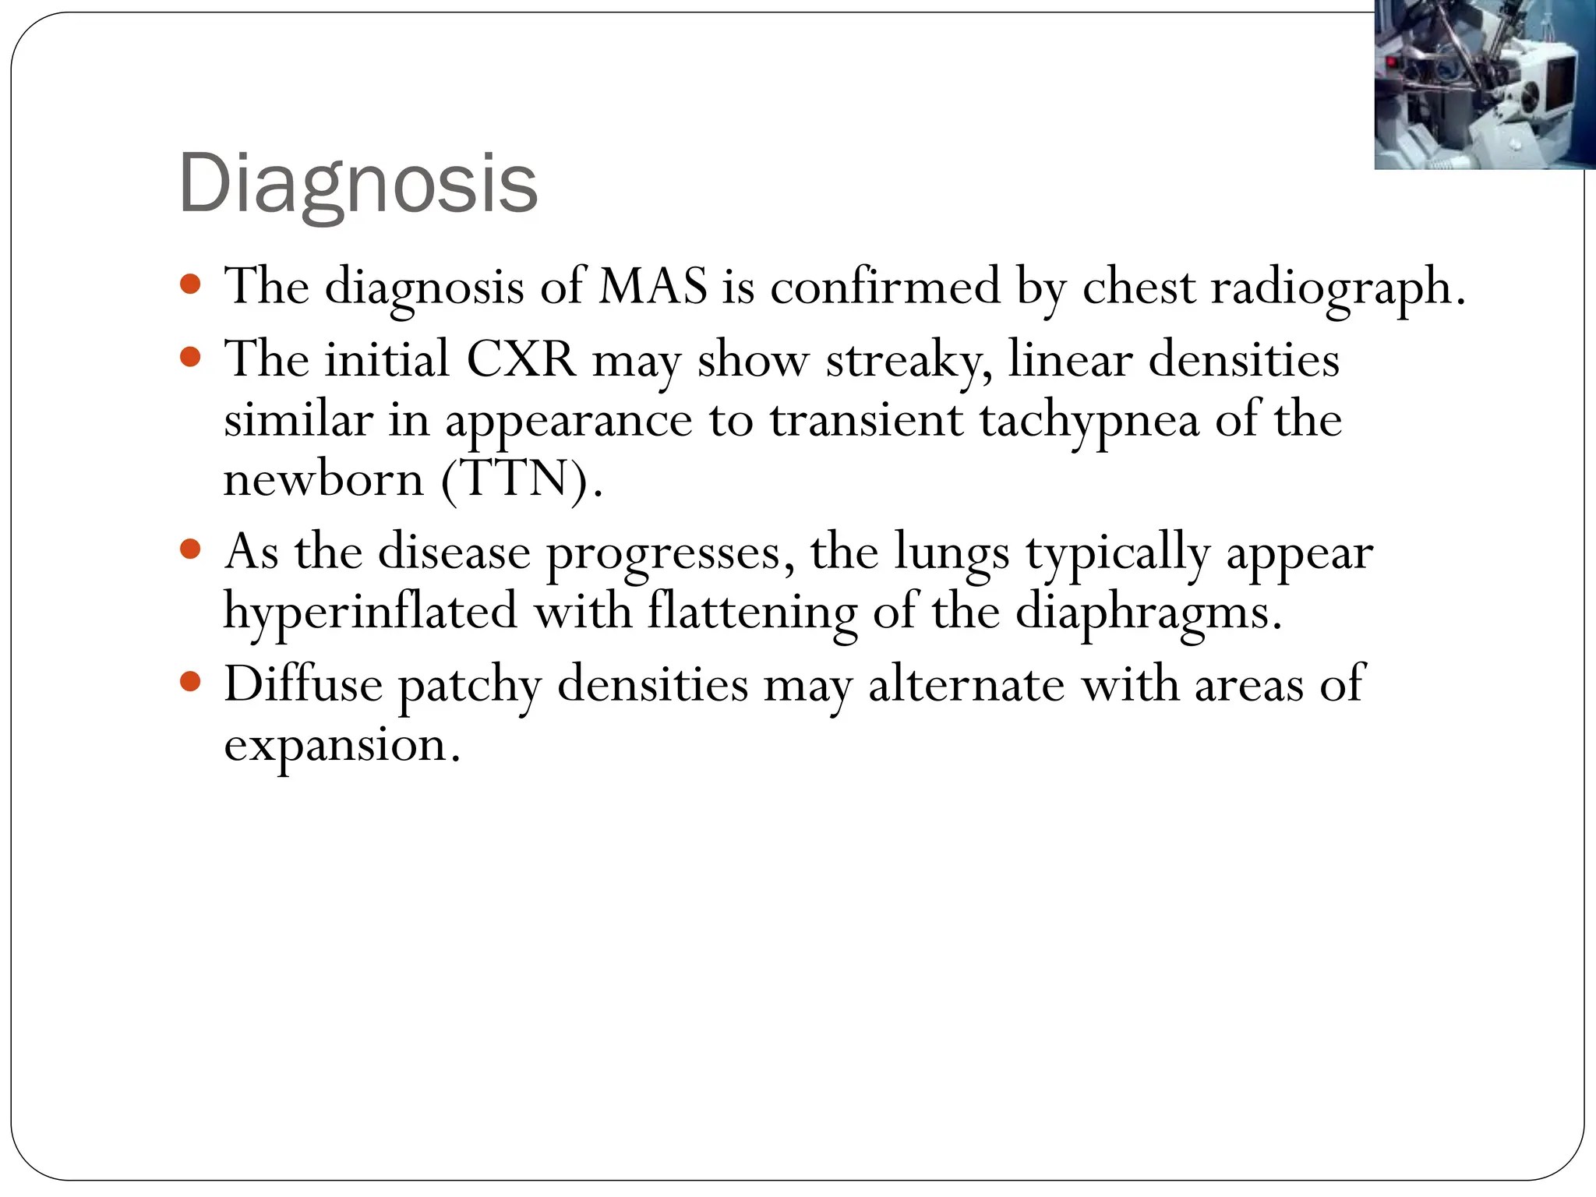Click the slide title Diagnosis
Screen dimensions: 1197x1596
[x=358, y=184]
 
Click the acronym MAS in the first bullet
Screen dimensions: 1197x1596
[x=653, y=286]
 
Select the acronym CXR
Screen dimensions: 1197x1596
[x=521, y=359]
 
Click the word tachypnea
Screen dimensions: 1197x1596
[x=1089, y=422]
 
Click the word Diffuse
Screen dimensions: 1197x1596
[x=303, y=684]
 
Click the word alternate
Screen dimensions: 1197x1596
[x=966, y=684]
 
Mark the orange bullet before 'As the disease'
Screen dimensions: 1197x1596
[x=190, y=550]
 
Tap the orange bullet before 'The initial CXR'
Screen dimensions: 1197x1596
[x=190, y=358]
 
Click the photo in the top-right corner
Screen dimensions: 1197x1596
[x=1484, y=84]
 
